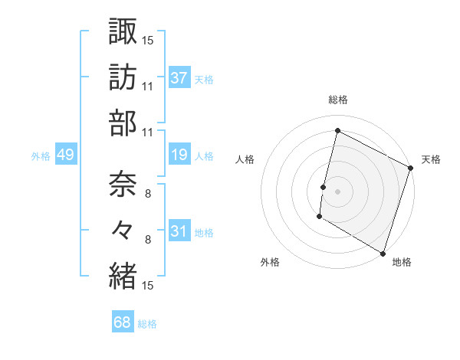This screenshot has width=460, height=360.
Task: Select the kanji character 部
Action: (123, 123)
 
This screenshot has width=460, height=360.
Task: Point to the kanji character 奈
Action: (123, 184)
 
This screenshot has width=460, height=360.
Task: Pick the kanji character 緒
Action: (123, 275)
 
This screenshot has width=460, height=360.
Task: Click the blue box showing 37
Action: (179, 77)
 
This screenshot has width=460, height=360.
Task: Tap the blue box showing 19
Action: (179, 155)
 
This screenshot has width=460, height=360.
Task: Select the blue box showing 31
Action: (179, 231)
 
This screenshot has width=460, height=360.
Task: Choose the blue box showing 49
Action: (65, 155)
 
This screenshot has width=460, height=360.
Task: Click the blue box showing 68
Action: (122, 322)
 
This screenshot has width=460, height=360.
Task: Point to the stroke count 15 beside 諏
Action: (148, 39)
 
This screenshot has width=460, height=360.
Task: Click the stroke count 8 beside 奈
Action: (149, 194)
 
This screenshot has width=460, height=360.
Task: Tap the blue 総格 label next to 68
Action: (148, 324)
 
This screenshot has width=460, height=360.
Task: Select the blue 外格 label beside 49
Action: (41, 156)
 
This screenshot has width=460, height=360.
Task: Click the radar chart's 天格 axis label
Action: (431, 159)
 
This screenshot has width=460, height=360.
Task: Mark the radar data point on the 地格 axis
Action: (383, 252)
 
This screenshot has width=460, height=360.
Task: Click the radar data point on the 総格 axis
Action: (337, 131)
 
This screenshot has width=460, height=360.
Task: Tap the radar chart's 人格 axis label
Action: (245, 159)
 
